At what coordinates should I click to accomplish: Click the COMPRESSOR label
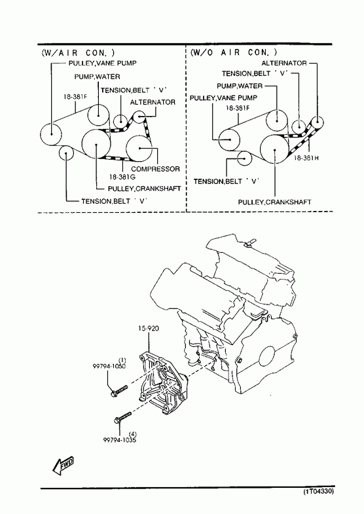click(x=155, y=169)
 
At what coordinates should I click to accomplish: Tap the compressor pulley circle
click(x=139, y=148)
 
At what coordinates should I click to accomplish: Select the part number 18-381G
click(x=122, y=177)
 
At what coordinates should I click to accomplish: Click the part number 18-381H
click(x=306, y=158)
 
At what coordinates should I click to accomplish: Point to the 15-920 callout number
click(x=148, y=328)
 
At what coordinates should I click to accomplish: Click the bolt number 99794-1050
click(x=109, y=366)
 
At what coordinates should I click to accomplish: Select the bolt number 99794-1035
click(x=120, y=440)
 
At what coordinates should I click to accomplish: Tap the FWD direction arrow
click(x=63, y=465)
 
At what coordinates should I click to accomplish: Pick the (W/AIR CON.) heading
click(x=78, y=52)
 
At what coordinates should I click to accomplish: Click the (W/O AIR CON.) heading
click(x=234, y=52)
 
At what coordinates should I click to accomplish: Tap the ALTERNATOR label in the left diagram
click(x=153, y=102)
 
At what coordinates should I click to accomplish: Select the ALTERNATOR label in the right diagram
click(x=284, y=63)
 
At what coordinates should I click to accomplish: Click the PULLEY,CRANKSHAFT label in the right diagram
click(x=274, y=202)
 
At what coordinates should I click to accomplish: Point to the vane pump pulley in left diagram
click(x=52, y=134)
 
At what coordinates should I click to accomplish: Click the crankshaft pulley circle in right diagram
click(x=274, y=149)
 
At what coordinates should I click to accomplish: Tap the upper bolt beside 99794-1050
click(x=119, y=391)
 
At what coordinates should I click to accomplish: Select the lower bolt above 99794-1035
click(x=122, y=417)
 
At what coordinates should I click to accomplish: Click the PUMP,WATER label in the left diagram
click(x=97, y=77)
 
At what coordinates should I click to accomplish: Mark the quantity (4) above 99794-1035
click(x=133, y=434)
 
